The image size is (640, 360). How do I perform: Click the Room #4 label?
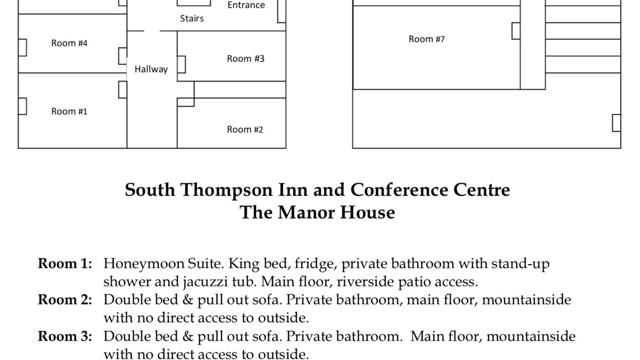69,43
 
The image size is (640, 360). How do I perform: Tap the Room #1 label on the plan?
69,112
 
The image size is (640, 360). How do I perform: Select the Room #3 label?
246,59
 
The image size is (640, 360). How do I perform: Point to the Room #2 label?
245,130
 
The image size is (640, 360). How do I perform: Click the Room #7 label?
426,39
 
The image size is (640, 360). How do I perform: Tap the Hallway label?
151,69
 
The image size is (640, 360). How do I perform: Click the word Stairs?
192,18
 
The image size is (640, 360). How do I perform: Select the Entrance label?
246,5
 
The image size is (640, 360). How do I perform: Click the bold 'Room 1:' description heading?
65,264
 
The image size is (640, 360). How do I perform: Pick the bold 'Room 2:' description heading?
65,300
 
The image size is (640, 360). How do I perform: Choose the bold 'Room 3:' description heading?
65,336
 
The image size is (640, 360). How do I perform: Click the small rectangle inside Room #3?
181,64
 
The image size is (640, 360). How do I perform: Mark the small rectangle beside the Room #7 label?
516,31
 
